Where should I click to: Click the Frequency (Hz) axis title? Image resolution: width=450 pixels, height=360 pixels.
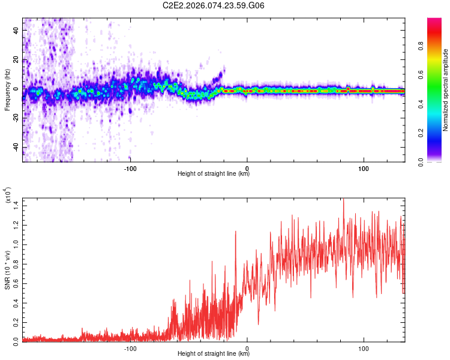click(8, 91)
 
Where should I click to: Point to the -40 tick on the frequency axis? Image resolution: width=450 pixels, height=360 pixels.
click(15, 147)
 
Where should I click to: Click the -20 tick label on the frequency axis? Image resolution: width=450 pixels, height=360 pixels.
click(15, 118)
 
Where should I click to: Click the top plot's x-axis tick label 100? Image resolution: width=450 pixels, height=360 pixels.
click(364, 169)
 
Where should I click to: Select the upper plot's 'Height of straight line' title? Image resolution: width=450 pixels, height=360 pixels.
click(214, 174)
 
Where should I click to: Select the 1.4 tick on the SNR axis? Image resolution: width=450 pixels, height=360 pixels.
click(16, 206)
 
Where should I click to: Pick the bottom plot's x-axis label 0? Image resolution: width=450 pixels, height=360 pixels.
click(247, 348)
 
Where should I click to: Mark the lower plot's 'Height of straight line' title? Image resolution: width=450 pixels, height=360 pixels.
click(214, 353)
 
